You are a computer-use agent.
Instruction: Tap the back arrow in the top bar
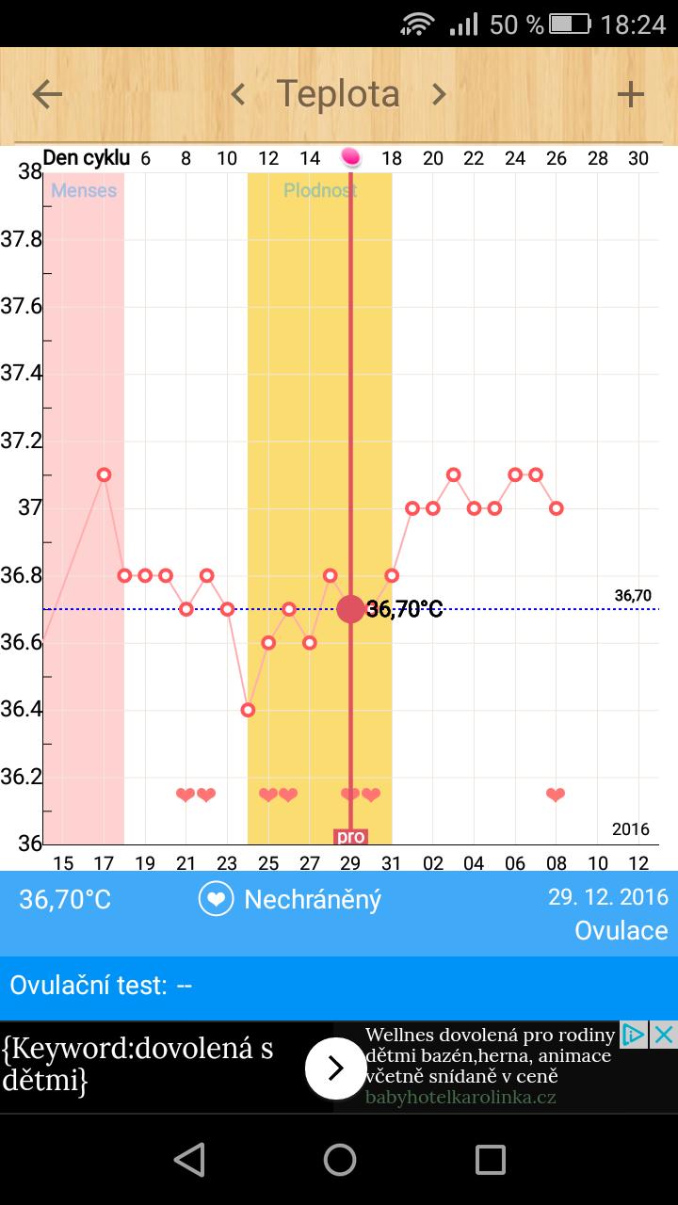[47, 94]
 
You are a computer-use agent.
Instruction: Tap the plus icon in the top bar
[630, 94]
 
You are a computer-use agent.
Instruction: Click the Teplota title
[338, 94]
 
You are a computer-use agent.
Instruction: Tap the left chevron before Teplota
[238, 94]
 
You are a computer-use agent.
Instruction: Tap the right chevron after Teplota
[438, 94]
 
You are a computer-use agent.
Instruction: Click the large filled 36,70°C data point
[350, 609]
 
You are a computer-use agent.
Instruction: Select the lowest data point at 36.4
[248, 710]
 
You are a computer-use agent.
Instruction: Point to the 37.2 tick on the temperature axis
[21, 441]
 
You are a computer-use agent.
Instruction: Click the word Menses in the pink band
[84, 190]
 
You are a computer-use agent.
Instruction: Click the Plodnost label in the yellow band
[320, 190]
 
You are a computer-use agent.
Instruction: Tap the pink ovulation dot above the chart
[350, 157]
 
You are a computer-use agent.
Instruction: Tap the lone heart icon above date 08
[556, 795]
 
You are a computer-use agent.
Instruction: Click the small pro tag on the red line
[350, 836]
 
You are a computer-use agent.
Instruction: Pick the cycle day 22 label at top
[474, 158]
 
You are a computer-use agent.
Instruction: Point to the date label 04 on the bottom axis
[474, 863]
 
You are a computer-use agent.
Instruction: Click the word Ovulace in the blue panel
[621, 930]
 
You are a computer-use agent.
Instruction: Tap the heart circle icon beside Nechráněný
[216, 899]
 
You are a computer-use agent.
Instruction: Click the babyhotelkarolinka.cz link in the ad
[460, 1098]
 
